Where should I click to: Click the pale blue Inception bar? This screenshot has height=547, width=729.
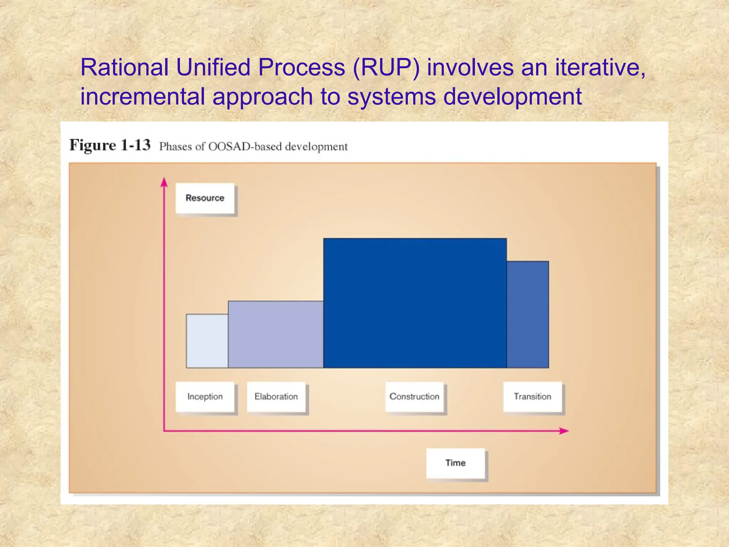(x=207, y=341)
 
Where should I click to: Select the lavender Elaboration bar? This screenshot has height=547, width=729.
(x=276, y=334)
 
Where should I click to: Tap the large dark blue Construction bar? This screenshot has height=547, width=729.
(x=415, y=303)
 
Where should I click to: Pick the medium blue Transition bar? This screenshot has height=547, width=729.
(x=528, y=314)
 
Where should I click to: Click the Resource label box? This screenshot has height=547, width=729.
(x=205, y=198)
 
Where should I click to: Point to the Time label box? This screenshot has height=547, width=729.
(x=456, y=463)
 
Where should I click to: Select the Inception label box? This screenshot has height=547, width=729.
(x=205, y=397)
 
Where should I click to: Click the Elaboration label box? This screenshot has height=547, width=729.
(x=276, y=397)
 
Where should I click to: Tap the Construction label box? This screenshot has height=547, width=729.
(x=414, y=397)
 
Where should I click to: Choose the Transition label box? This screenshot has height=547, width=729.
(x=533, y=397)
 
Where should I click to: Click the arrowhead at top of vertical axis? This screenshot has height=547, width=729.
(x=164, y=182)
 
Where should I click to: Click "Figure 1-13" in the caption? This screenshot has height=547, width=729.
(x=110, y=145)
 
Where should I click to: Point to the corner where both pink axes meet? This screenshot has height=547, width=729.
(x=164, y=431)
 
